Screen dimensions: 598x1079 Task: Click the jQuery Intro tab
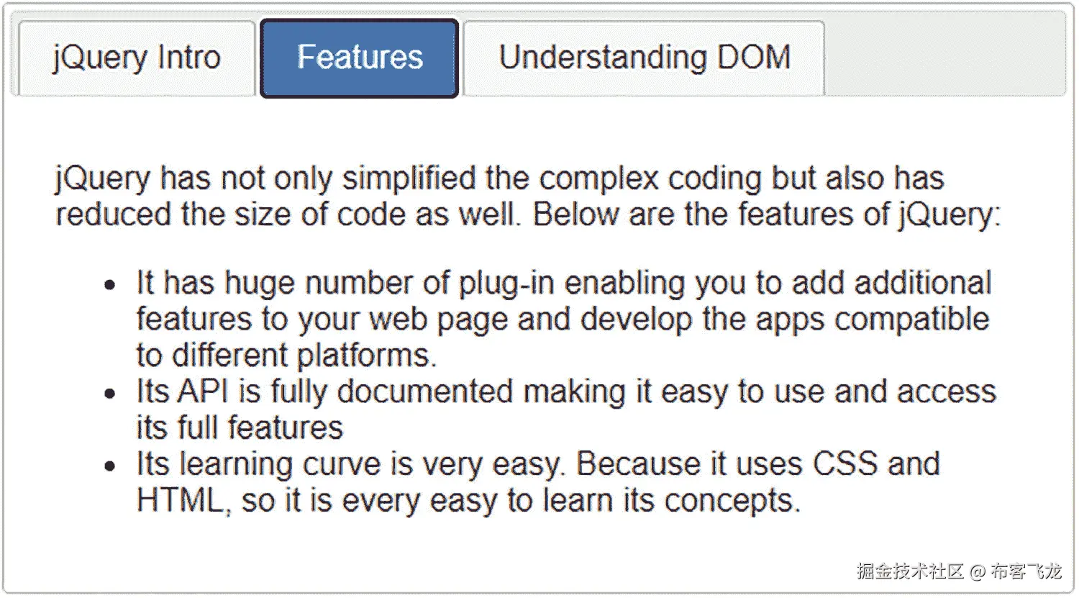pyautogui.click(x=137, y=58)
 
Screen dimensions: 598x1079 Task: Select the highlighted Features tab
pyautogui.click(x=360, y=58)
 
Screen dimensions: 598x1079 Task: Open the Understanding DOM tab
pyautogui.click(x=645, y=58)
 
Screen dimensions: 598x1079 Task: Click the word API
pyautogui.click(x=203, y=391)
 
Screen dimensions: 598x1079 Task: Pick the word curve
pyautogui.click(x=342, y=464)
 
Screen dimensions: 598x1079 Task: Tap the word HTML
pyautogui.click(x=181, y=500)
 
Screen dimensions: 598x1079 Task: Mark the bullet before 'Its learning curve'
pyautogui.click(x=110, y=466)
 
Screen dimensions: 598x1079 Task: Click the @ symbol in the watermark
pyautogui.click(x=977, y=572)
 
